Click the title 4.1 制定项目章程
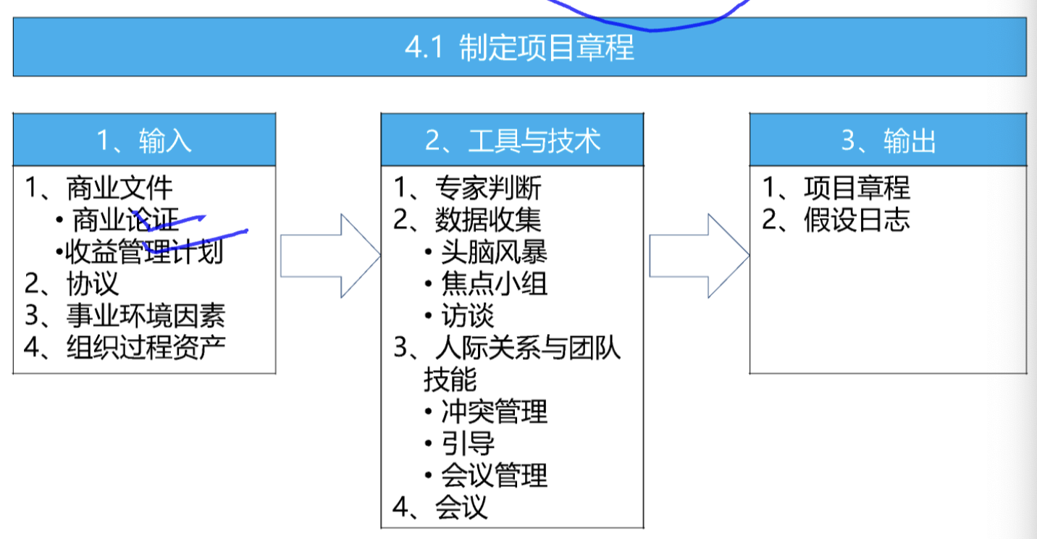(519, 47)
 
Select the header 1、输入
(144, 141)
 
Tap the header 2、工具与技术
(513, 141)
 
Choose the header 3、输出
(888, 141)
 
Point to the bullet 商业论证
(125, 220)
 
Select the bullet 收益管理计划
(144, 251)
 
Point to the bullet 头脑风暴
(494, 251)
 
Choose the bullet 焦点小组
(494, 283)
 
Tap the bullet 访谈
(468, 315)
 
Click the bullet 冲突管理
(494, 411)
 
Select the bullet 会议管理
(494, 475)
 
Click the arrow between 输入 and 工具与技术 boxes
(330, 256)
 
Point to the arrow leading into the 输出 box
(699, 256)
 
